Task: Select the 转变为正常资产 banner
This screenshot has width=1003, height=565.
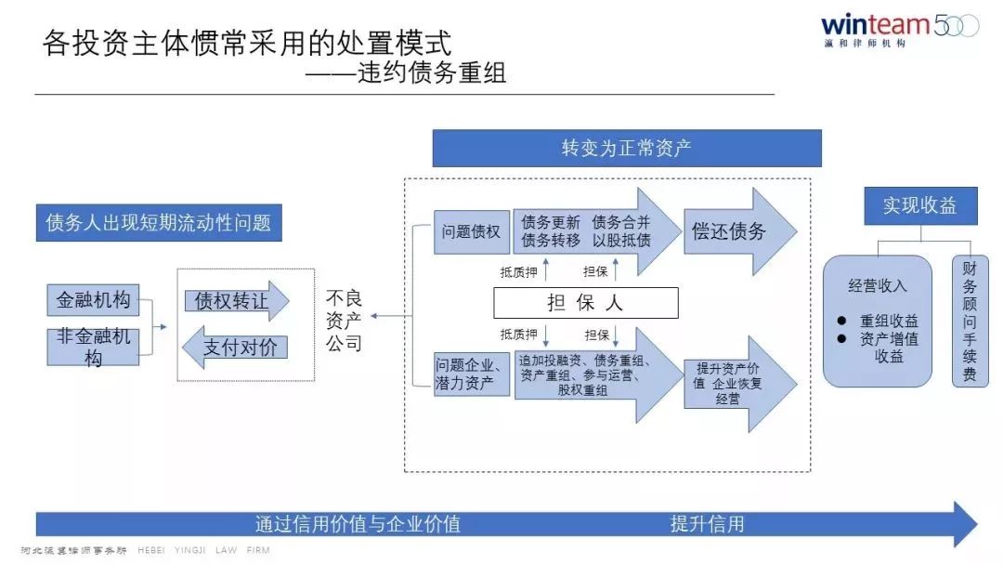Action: (x=627, y=148)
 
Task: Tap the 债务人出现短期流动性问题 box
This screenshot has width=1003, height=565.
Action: (x=158, y=223)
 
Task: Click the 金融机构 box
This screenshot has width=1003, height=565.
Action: (x=93, y=300)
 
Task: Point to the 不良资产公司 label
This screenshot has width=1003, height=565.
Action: (x=344, y=321)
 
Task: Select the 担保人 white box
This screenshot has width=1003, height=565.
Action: (x=585, y=303)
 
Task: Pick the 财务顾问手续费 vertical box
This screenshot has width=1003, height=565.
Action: (x=970, y=321)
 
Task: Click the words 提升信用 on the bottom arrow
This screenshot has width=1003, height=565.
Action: (x=708, y=524)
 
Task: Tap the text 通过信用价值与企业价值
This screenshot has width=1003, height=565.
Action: (x=358, y=524)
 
